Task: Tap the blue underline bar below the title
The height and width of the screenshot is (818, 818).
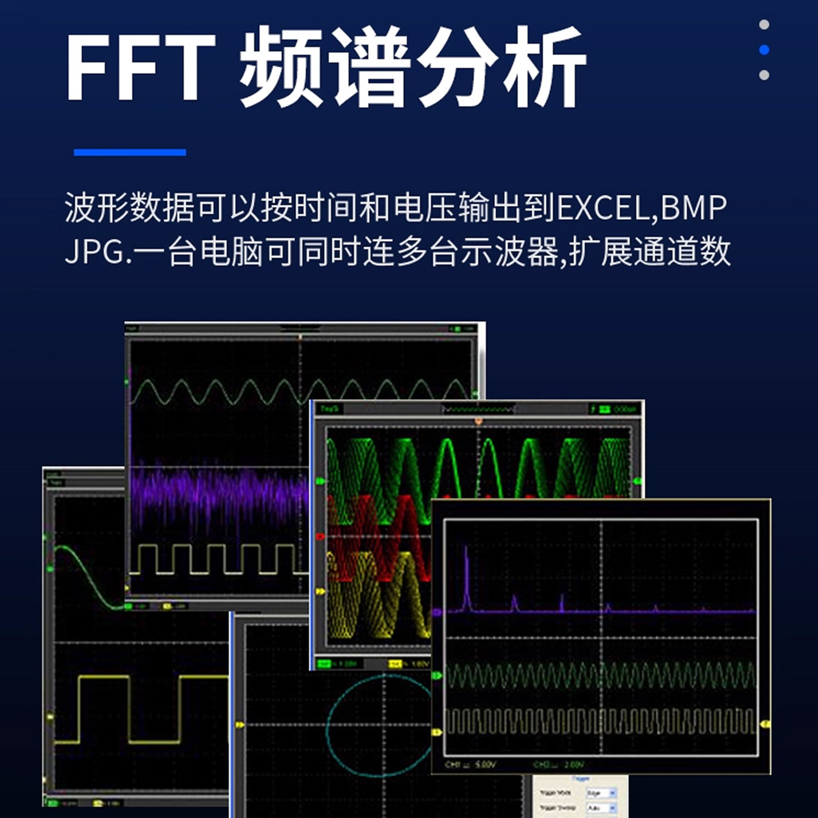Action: [130, 152]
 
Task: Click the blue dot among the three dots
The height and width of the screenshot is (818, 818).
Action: [764, 50]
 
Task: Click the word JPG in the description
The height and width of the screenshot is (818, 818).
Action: [94, 251]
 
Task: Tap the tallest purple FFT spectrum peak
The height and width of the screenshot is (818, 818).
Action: [466, 574]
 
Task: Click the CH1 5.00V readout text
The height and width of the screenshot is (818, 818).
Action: [470, 765]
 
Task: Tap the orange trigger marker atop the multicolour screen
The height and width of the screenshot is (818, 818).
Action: [478, 421]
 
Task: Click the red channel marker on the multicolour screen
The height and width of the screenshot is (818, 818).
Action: [320, 536]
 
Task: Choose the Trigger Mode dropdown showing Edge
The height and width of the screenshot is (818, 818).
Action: [601, 792]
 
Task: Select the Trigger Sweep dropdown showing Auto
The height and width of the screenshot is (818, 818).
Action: [601, 807]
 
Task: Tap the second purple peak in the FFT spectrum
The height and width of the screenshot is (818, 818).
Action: [515, 602]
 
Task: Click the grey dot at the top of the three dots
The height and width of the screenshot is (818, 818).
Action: [764, 24]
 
